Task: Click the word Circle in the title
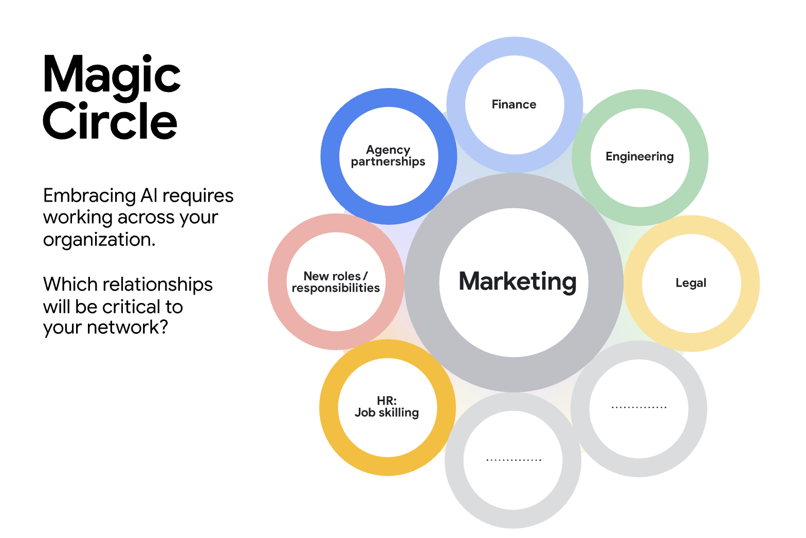[110, 121]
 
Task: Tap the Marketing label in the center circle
[518, 282]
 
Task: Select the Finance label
[514, 104]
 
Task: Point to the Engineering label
[639, 156]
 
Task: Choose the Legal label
[691, 283]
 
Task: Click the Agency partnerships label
[388, 156]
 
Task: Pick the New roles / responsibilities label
[336, 282]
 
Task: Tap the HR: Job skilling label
[387, 407]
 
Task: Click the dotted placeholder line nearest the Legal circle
[639, 407]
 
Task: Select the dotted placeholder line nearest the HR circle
[514, 460]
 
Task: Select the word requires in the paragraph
[198, 196]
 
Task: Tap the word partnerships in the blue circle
[388, 162]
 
